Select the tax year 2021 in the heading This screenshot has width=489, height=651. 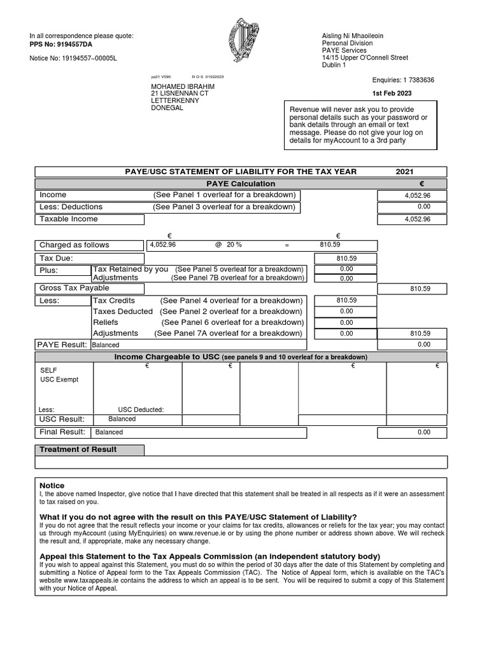(x=404, y=172)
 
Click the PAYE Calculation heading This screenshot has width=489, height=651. (x=241, y=184)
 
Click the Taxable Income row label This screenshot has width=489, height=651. (x=69, y=219)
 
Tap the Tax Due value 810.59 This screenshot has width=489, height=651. (x=346, y=259)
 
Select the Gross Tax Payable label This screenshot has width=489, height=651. (x=74, y=289)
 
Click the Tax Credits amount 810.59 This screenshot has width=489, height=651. (x=346, y=301)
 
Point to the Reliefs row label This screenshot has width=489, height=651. (x=106, y=322)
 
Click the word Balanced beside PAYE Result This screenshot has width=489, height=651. (x=105, y=345)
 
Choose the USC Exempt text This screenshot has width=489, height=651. (x=59, y=380)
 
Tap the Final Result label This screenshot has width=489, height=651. (x=62, y=432)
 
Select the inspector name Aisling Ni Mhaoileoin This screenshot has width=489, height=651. (x=353, y=36)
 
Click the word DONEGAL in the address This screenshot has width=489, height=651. (x=167, y=108)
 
